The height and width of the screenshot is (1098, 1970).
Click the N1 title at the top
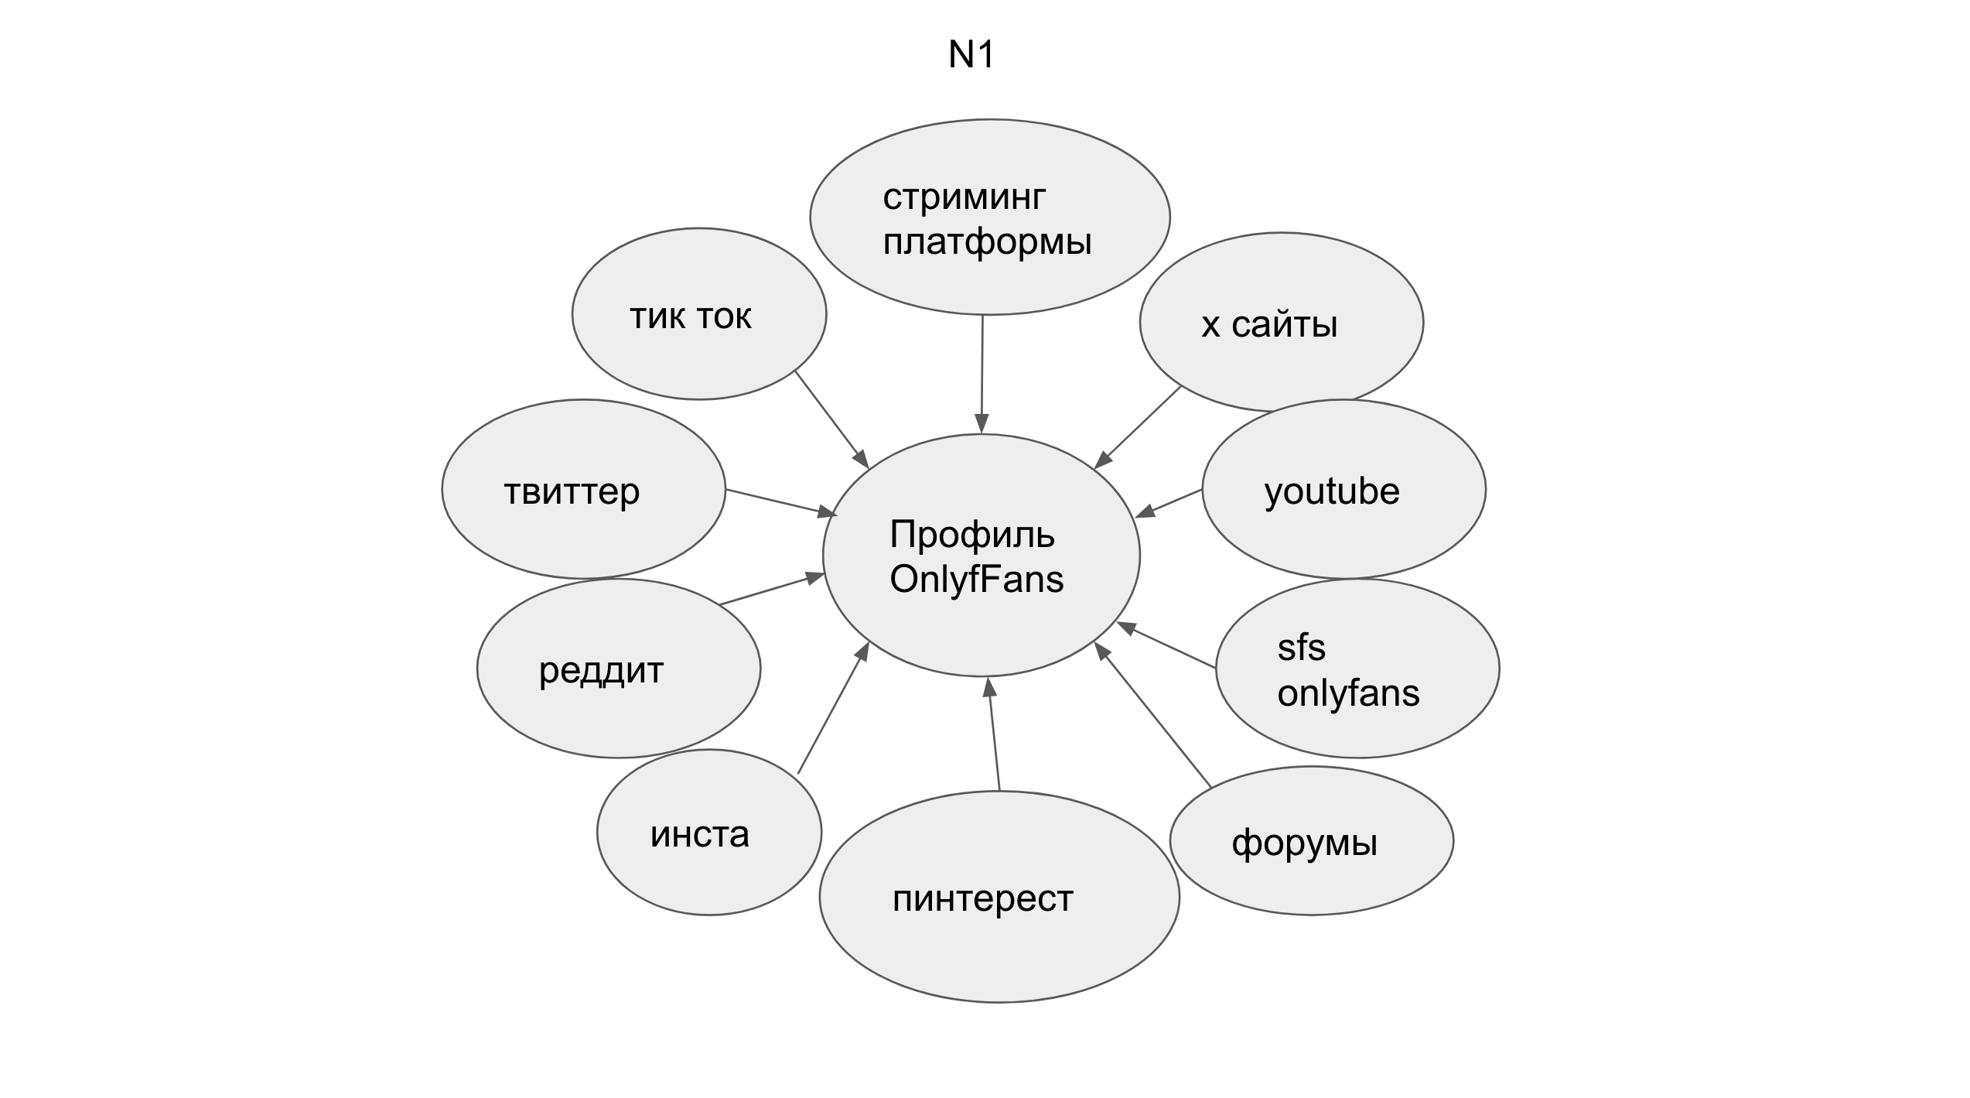(x=971, y=54)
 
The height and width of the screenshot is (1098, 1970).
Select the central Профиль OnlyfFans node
(x=982, y=556)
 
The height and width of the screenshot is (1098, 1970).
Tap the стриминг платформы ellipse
(x=990, y=217)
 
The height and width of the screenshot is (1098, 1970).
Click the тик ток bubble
(x=699, y=313)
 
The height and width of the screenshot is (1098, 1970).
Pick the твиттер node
(x=584, y=489)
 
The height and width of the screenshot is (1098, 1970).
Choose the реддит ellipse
(x=619, y=669)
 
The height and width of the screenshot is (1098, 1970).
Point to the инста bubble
(x=709, y=833)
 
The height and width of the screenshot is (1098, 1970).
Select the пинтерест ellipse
(x=999, y=897)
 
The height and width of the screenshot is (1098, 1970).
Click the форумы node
(x=1312, y=841)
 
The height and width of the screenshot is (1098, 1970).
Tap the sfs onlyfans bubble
(x=1357, y=669)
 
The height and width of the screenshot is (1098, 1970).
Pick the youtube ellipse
(x=1344, y=489)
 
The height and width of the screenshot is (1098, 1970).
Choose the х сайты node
(x=1282, y=323)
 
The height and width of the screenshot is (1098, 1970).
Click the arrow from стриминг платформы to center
(x=982, y=375)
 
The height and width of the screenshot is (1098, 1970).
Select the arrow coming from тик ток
(x=832, y=420)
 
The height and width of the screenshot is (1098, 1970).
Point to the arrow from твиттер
(x=782, y=503)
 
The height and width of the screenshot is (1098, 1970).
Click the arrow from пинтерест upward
(x=993, y=734)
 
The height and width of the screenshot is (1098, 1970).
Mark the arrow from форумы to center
(x=1152, y=715)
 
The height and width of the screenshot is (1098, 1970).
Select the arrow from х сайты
(x=1137, y=427)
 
